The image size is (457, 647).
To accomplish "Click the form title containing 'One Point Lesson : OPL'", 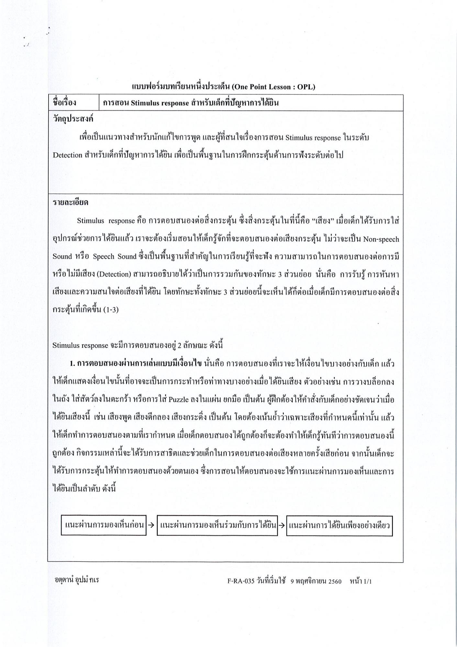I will click(x=224, y=86).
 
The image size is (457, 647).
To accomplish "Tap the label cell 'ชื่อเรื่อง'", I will click(x=64, y=103).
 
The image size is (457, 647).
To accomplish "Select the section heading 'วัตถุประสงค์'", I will click(x=73, y=119).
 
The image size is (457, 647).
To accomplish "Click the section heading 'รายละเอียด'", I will click(x=71, y=203).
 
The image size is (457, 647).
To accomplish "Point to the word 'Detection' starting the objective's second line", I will click(x=67, y=155).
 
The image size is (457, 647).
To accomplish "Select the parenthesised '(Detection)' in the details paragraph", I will click(x=114, y=275).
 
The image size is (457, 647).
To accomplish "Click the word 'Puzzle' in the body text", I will click(x=178, y=399).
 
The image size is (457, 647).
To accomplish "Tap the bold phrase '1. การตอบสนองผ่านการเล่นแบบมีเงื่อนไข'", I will click(x=136, y=364).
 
